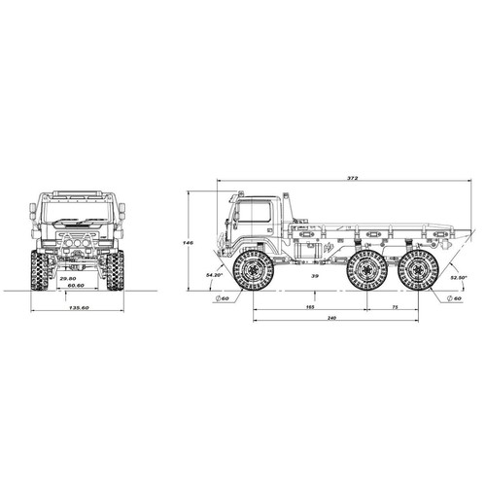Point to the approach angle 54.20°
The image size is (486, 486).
pyautogui.click(x=214, y=276)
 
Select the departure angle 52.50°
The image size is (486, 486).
pyautogui.click(x=459, y=277)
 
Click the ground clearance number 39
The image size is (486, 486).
pyautogui.click(x=314, y=276)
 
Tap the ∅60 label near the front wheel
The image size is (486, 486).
pyautogui.click(x=225, y=298)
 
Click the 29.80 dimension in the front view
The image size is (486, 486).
pyautogui.click(x=66, y=279)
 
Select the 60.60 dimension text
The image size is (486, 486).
pyautogui.click(x=72, y=287)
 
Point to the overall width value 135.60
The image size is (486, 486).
pyautogui.click(x=81, y=307)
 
